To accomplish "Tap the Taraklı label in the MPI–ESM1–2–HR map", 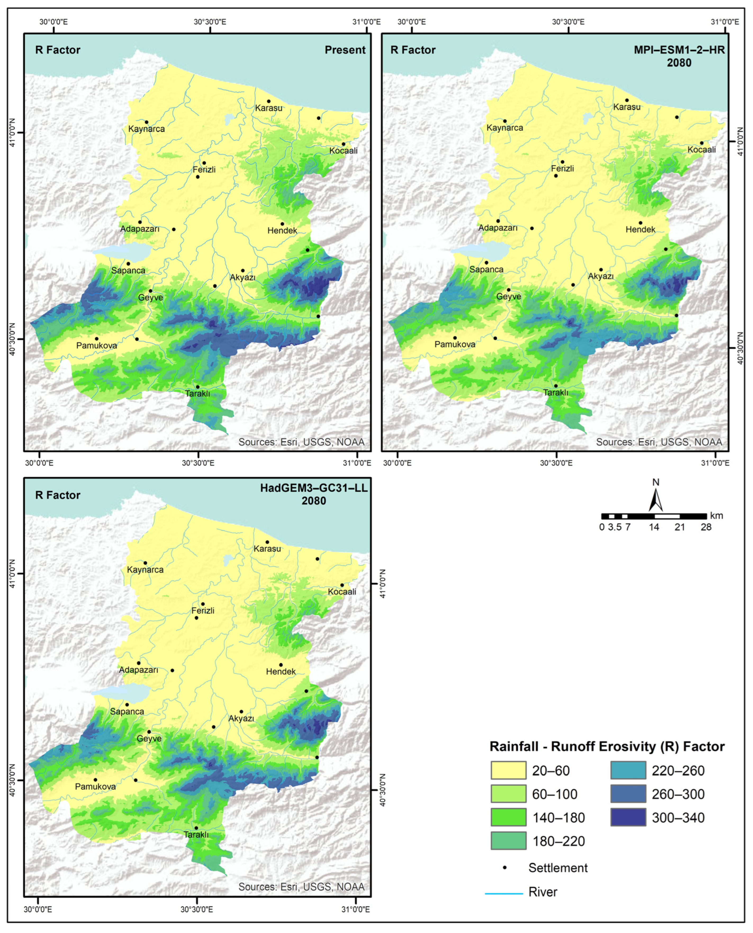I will pyautogui.click(x=556, y=393).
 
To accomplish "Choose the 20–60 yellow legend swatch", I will pyautogui.click(x=508, y=771).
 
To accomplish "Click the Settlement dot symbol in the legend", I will pyautogui.click(x=504, y=868).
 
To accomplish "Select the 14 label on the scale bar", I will pyautogui.click(x=654, y=527).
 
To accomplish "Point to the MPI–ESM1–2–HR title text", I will pyautogui.click(x=679, y=50).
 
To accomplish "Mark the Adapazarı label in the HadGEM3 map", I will pyautogui.click(x=138, y=670).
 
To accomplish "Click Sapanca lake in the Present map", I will pyautogui.click(x=121, y=251).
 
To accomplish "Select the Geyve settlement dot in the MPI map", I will pyautogui.click(x=509, y=290).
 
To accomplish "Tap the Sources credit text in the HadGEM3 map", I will pyautogui.click(x=301, y=887).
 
